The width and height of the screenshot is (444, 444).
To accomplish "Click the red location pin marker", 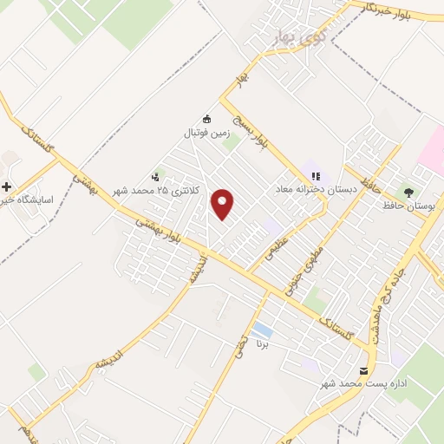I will click(223, 203).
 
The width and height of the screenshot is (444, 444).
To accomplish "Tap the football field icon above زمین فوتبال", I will click(206, 120).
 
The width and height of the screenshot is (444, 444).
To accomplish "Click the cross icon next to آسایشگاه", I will click(7, 186).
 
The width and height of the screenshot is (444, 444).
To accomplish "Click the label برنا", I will click(262, 344).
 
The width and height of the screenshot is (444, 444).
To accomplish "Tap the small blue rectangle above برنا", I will click(261, 331).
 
